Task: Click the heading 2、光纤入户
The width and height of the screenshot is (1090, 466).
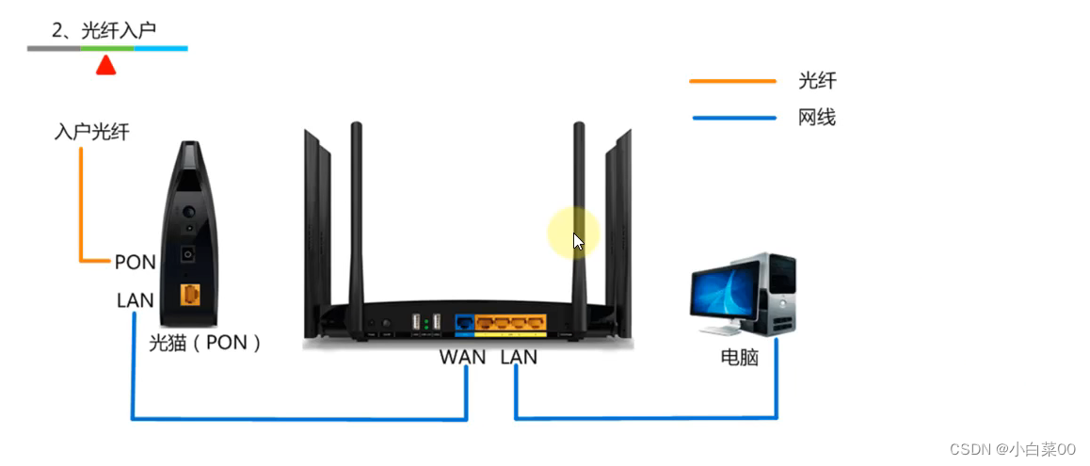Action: click(x=104, y=31)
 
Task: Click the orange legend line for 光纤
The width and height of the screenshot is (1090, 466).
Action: click(x=732, y=82)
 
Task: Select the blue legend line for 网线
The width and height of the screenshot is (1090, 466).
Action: click(x=732, y=118)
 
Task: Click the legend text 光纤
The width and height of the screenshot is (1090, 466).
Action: click(x=816, y=82)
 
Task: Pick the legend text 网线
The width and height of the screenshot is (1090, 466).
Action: click(x=816, y=118)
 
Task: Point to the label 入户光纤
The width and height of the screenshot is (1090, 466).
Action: click(x=91, y=132)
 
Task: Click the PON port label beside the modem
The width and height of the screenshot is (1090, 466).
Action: click(x=135, y=262)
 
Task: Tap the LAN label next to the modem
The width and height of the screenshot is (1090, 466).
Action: click(x=136, y=300)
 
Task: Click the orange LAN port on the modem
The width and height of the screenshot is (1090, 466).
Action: click(x=190, y=295)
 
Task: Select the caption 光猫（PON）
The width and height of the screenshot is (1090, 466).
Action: click(x=204, y=343)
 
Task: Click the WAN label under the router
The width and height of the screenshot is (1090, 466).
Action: click(x=462, y=357)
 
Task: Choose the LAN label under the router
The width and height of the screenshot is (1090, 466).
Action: click(x=519, y=357)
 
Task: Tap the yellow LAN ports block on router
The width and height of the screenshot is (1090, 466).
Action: click(x=511, y=324)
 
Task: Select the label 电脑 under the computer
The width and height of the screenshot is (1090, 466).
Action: click(x=739, y=358)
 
